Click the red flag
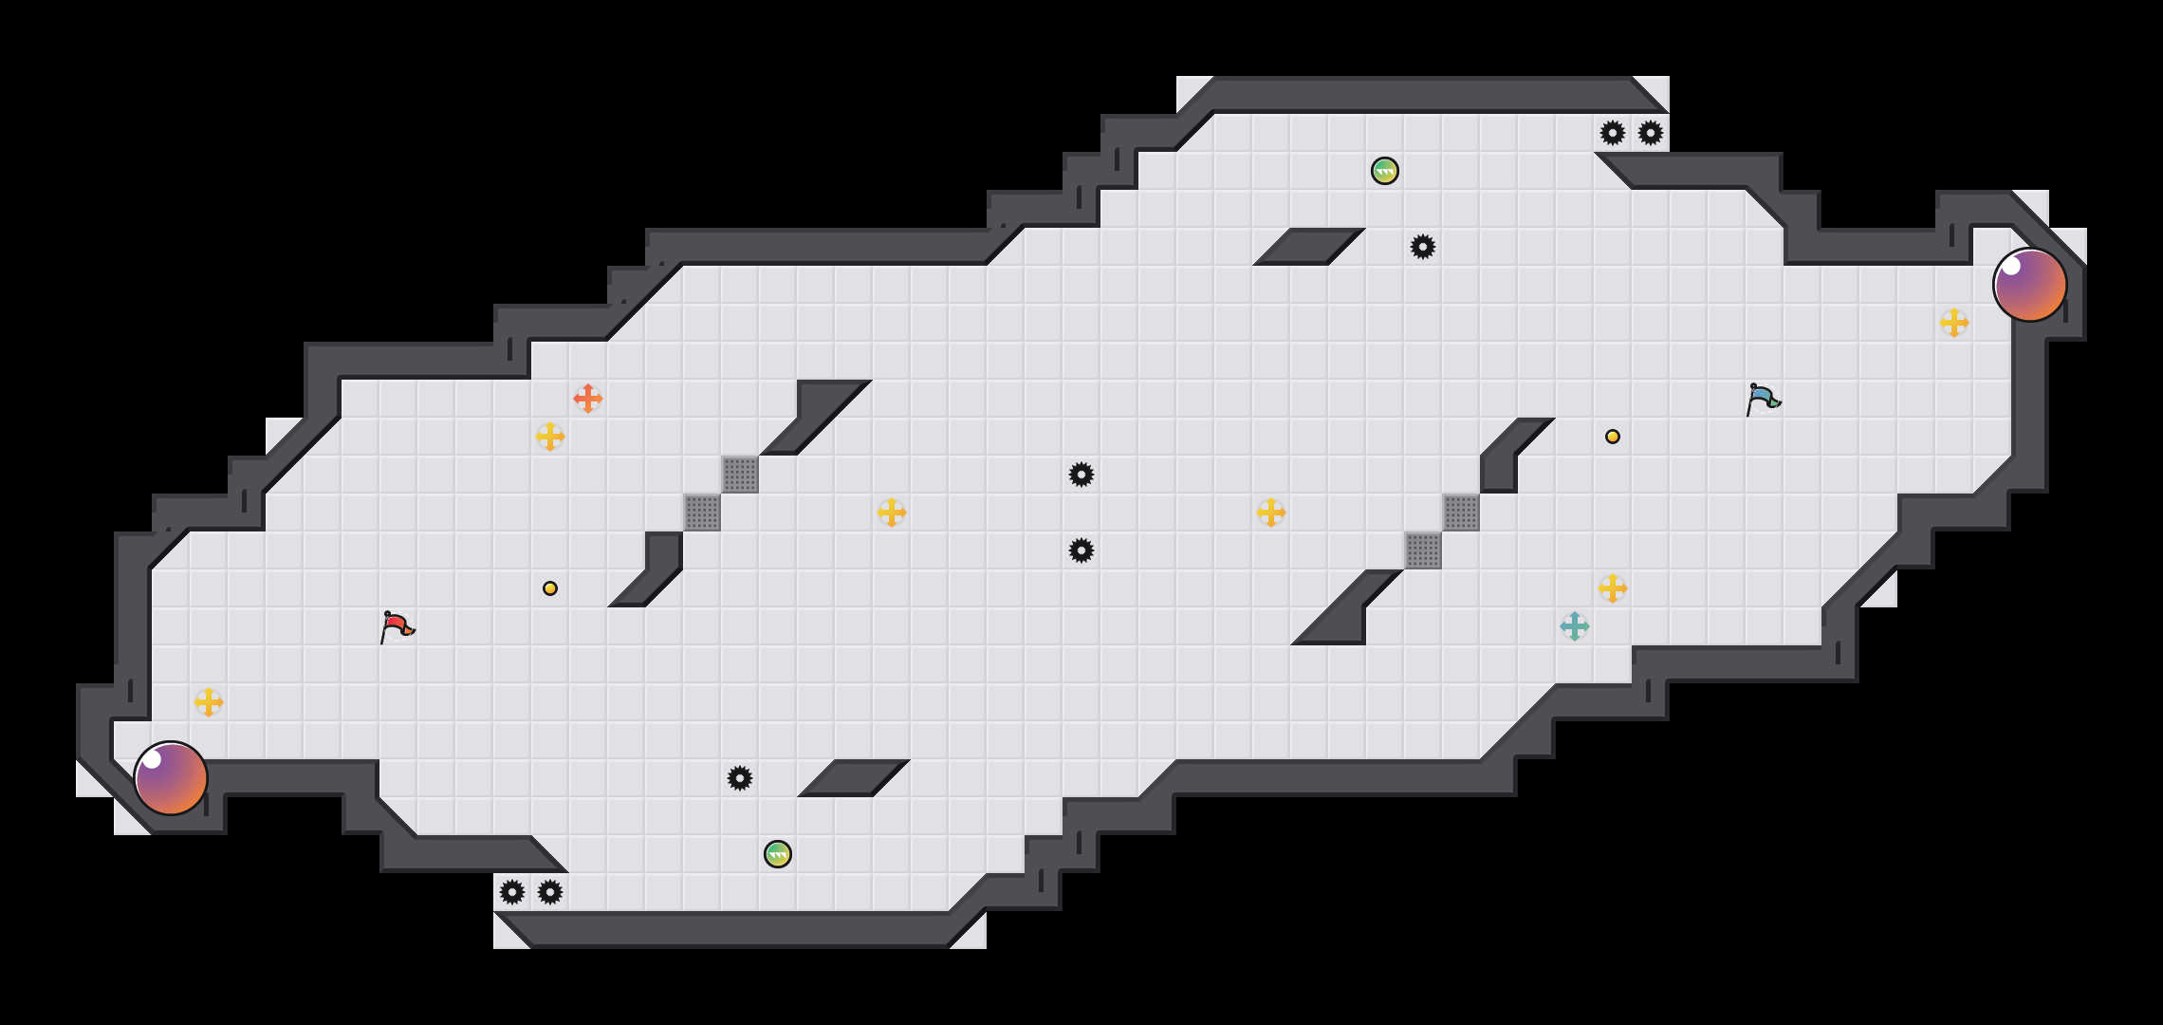tap(397, 626)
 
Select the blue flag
tap(1763, 399)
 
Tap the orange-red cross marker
tap(588, 399)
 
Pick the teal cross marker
tap(1575, 626)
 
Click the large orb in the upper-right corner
tap(2030, 285)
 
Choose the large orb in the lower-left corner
tap(171, 778)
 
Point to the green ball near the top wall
tap(1385, 171)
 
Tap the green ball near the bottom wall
tap(778, 854)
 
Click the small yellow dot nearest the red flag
tap(550, 588)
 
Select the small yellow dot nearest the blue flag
tap(1613, 437)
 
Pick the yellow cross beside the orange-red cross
tap(550, 437)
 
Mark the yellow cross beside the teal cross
tap(1613, 588)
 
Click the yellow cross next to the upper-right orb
tap(1954, 323)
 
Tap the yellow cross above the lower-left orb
tap(209, 702)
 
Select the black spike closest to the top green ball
tap(1423, 247)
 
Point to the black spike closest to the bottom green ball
tap(740, 778)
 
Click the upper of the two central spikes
tap(1081, 475)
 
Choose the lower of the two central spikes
tap(1081, 550)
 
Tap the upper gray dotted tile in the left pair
tap(740, 475)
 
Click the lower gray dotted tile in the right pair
tap(1423, 550)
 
